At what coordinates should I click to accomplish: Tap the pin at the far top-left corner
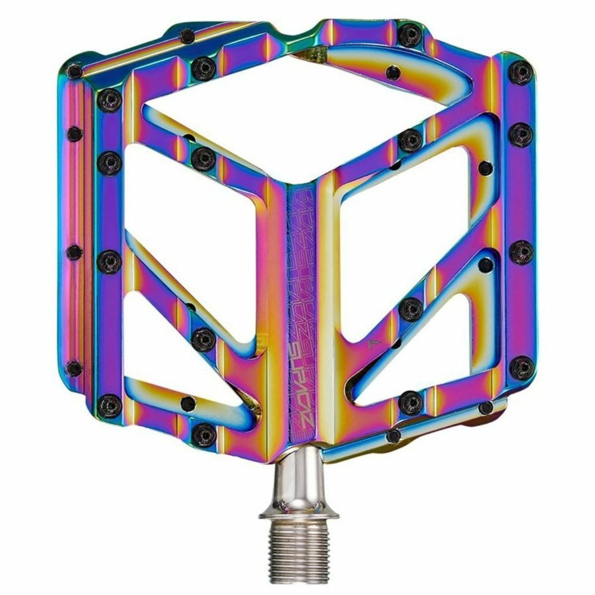pyautogui.click(x=74, y=72)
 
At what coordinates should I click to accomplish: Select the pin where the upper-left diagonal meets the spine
pyautogui.click(x=203, y=158)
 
